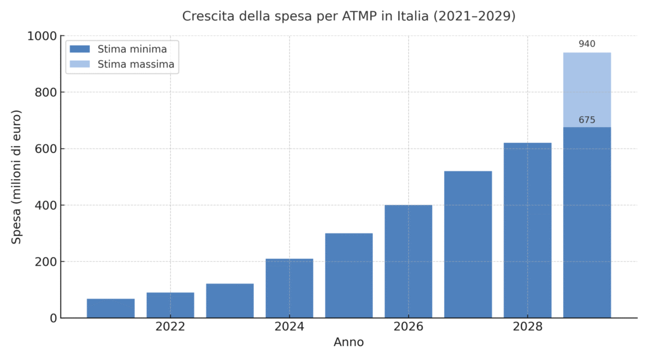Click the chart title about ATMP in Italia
click(x=349, y=16)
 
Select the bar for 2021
click(x=111, y=308)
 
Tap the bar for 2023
click(x=230, y=301)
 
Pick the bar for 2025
click(x=349, y=275)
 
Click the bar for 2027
click(x=468, y=244)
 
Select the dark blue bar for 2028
click(x=527, y=230)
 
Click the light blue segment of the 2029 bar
click(x=587, y=90)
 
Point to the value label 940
click(x=587, y=44)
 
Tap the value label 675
click(x=587, y=120)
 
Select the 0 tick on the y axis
click(x=53, y=318)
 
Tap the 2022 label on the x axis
click(x=170, y=327)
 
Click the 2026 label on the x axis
click(x=408, y=327)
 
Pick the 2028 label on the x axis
click(x=527, y=327)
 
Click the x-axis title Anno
click(x=349, y=342)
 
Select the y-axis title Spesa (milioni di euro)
click(x=17, y=177)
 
